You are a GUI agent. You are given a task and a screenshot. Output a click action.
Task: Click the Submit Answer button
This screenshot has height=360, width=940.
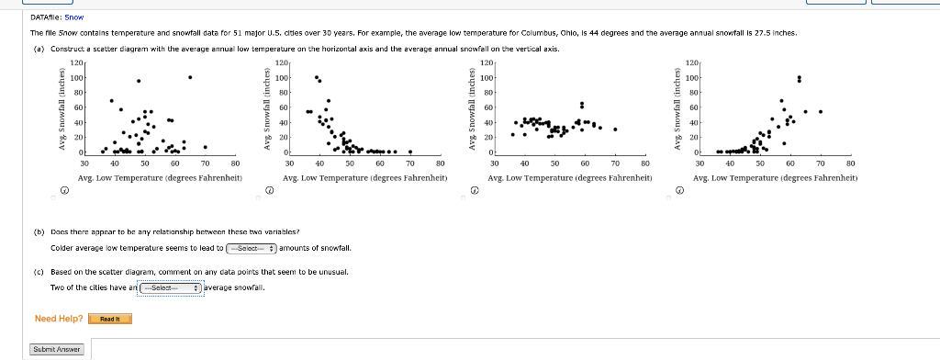pos(57,349)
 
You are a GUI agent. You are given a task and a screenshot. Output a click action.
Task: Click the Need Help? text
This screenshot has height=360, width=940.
pos(59,319)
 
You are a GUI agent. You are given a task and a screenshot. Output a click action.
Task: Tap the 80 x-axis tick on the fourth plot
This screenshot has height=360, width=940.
pos(850,163)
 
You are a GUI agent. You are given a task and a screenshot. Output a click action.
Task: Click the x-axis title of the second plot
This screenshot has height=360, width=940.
pos(365,177)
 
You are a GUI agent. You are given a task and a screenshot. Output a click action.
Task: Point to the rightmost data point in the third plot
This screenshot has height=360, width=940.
pos(615,129)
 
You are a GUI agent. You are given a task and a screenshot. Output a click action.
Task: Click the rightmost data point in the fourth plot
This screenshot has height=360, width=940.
pos(821,112)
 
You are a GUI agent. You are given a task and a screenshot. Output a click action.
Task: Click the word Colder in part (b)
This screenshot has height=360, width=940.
pos(62,248)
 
